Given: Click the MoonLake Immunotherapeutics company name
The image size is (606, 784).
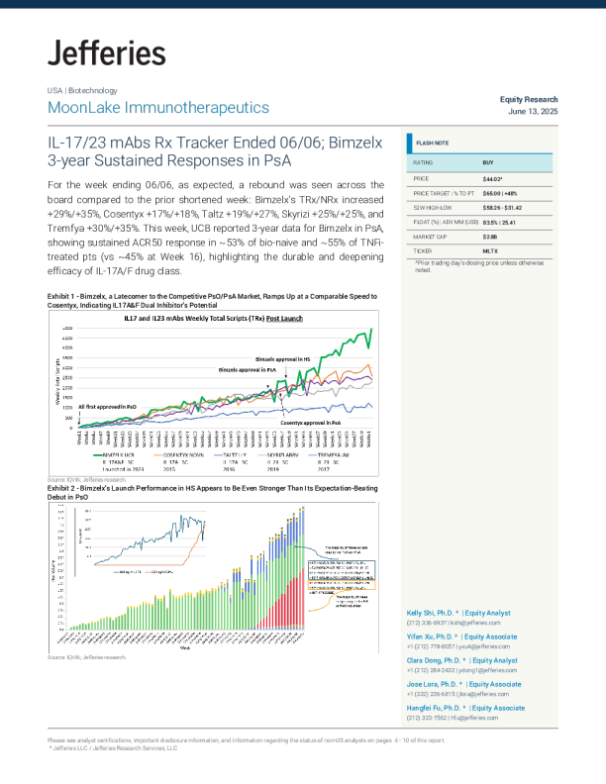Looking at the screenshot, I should [157, 107].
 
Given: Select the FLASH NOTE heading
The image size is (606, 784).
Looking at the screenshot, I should [432, 144].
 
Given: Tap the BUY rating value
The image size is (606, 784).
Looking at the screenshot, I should [488, 161].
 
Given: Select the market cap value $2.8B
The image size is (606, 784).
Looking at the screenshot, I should [490, 238].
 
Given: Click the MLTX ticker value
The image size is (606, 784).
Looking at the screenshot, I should [491, 252].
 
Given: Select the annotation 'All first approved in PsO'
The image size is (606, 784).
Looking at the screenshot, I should [114, 407].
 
